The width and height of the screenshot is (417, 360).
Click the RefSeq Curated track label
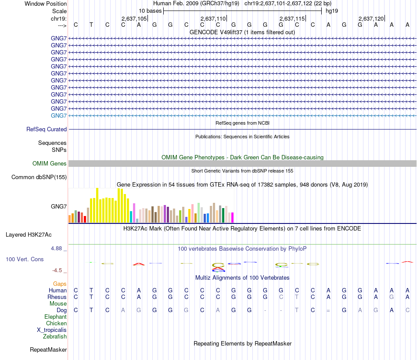pyautogui.click(x=47, y=130)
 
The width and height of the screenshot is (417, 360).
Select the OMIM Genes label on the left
pyautogui.click(x=50, y=164)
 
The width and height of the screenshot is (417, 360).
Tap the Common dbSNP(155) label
pyautogui.click(x=39, y=177)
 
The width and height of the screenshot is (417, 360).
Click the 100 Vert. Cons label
pyautogui.click(x=25, y=259)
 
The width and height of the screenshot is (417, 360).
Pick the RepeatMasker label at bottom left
pyautogui.click(x=48, y=350)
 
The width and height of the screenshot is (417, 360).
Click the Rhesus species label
pyautogui.click(x=57, y=297)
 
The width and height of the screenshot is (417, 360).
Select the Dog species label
pyautogui.click(x=61, y=310)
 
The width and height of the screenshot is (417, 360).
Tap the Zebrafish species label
pyautogui.click(x=55, y=337)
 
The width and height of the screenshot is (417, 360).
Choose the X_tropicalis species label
pyautogui.click(x=52, y=330)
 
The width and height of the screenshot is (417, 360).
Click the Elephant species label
pyautogui.click(x=55, y=317)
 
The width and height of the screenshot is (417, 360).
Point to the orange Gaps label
pyautogui.click(x=60, y=284)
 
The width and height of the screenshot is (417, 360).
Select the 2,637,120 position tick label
pyautogui.click(x=371, y=18)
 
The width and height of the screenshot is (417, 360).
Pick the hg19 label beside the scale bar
pyautogui.click(x=331, y=11)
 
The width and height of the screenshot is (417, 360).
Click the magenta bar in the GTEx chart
pyautogui.click(x=232, y=218)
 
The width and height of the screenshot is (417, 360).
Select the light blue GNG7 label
pyautogui.click(x=59, y=115)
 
